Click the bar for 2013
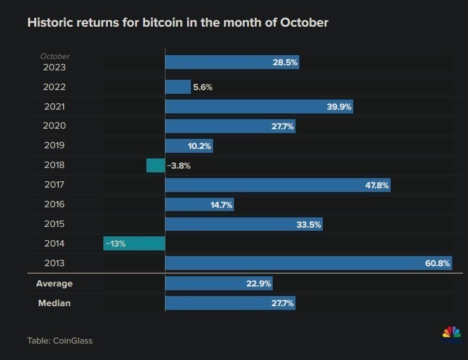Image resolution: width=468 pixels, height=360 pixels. (308, 263)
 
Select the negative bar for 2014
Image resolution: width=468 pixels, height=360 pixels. (134, 243)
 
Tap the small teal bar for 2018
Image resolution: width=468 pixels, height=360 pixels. (155, 165)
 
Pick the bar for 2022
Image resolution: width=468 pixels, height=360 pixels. (178, 87)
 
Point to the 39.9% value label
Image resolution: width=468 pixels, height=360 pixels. (339, 106)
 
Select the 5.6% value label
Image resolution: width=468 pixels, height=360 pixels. (202, 87)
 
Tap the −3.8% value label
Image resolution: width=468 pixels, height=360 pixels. (179, 165)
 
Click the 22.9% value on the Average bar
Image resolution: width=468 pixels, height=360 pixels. (259, 284)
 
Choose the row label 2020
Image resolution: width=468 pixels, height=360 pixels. (54, 126)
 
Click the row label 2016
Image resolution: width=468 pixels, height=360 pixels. (54, 204)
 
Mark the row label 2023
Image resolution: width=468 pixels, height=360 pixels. (54, 67)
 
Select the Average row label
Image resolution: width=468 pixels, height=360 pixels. (55, 283)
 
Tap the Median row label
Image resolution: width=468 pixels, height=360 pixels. (55, 303)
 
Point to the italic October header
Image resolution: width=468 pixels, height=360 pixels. (55, 57)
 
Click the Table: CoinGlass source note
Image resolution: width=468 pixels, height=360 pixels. (60, 340)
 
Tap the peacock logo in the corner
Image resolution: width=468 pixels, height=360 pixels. (451, 332)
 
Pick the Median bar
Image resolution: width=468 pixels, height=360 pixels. (230, 303)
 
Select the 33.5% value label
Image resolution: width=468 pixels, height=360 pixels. (309, 224)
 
